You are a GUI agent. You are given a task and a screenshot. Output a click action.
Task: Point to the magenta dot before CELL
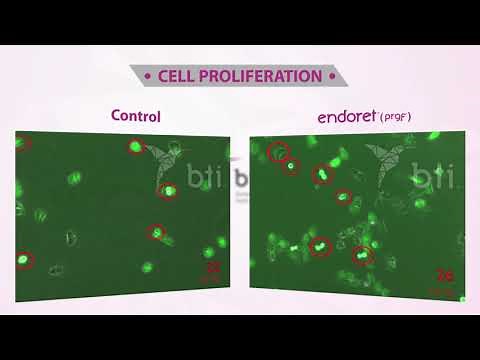coord(148,76)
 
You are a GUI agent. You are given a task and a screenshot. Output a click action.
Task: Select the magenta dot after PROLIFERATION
coord(332,76)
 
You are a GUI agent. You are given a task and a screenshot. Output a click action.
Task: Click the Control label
coord(135,116)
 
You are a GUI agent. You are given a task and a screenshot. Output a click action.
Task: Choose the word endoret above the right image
coord(346,116)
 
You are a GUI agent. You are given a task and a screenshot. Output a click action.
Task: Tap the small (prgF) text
coord(395,118)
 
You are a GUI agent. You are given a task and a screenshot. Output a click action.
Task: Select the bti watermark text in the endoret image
coord(438,180)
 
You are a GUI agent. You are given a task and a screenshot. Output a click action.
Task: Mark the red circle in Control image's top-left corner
coord(23,143)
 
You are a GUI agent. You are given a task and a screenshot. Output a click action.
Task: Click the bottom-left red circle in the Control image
coord(24,260)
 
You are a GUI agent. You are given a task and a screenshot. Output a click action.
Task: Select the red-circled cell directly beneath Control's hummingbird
coord(168,190)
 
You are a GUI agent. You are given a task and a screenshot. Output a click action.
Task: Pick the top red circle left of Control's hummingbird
coord(135,147)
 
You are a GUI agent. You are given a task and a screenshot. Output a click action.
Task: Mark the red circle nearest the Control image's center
coord(156,232)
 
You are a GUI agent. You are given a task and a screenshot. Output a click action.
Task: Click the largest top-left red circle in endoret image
coord(279,152)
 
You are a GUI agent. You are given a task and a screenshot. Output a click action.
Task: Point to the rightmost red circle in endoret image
coord(361,254)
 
